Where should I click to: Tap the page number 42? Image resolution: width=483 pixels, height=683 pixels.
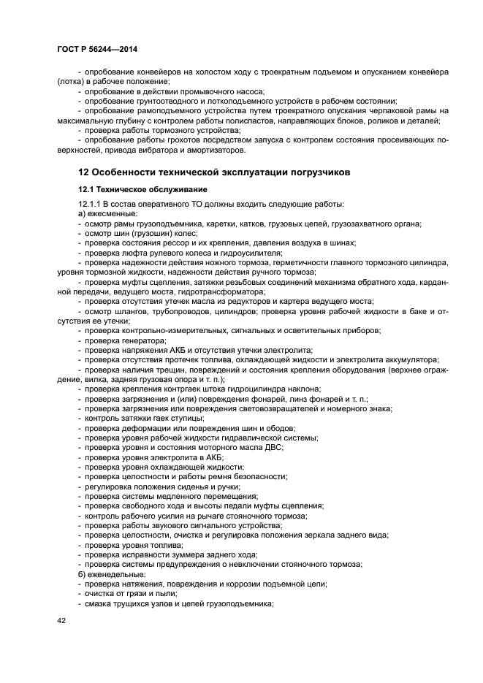(61, 621)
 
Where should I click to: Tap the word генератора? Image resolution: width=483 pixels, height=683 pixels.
(142, 340)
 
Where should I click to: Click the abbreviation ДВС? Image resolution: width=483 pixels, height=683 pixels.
(274, 447)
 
